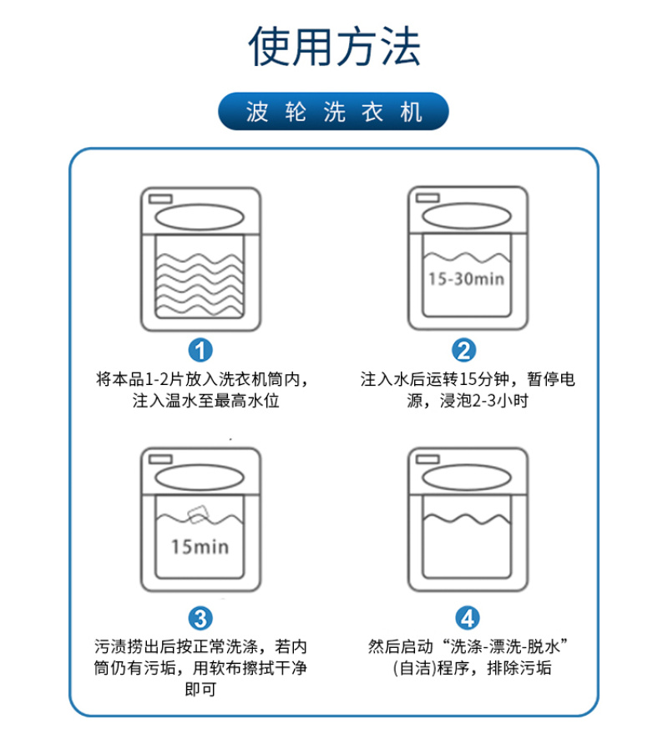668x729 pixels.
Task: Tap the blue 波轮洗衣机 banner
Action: pos(334,112)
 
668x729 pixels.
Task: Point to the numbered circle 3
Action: pos(200,618)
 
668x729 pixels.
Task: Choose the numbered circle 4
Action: pos(468,618)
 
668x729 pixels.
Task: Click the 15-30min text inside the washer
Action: pos(466,279)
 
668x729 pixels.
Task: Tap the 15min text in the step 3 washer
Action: pos(200,548)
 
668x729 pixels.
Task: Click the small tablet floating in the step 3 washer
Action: pos(198,511)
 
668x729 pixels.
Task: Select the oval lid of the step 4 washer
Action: pos(468,478)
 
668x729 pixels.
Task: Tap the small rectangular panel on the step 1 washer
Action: pos(160,198)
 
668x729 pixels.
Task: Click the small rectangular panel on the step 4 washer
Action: pos(428,458)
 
